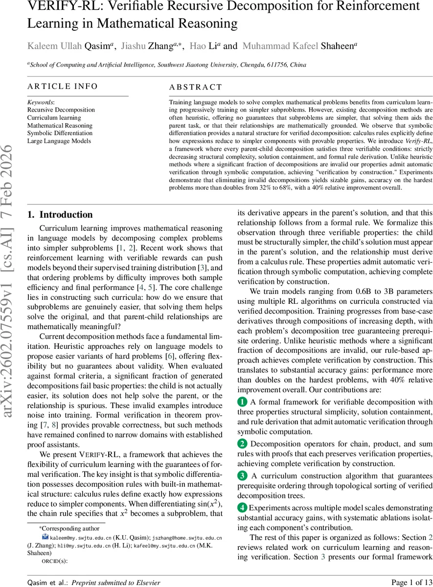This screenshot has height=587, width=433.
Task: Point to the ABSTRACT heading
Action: pyautogui.click(x=195, y=88)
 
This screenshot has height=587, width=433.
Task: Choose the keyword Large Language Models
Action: pyautogui.click(x=59, y=141)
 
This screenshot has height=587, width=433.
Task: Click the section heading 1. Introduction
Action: pyautogui.click(x=60, y=215)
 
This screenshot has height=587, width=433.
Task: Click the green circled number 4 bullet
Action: pyautogui.click(x=242, y=507)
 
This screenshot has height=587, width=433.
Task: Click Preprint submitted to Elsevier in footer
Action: pyautogui.click(x=116, y=582)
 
